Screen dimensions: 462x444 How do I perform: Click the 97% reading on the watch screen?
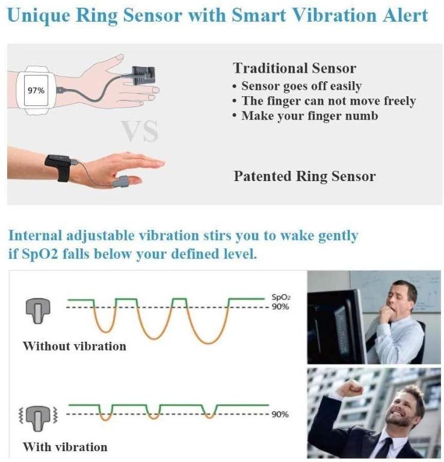click(36, 91)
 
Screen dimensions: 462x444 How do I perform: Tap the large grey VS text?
click(140, 132)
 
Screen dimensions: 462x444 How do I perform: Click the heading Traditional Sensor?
click(294, 68)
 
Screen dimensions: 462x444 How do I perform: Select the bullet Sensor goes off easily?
click(301, 85)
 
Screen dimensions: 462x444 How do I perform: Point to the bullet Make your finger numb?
click(309, 115)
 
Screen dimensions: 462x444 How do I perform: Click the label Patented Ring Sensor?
click(304, 176)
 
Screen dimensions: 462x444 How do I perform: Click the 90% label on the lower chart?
click(280, 414)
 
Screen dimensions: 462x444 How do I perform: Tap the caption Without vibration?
click(75, 346)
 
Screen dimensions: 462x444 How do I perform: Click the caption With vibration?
click(65, 447)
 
